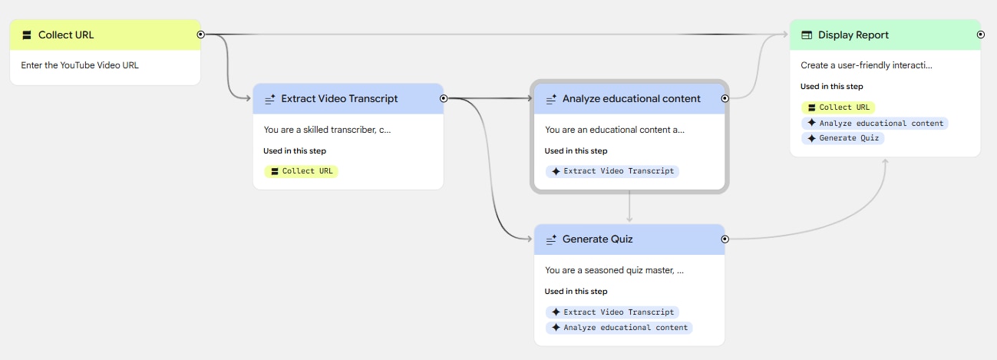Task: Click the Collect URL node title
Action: [66, 35]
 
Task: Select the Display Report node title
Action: [853, 35]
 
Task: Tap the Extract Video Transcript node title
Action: [339, 98]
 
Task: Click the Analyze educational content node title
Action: [631, 98]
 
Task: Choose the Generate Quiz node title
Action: [597, 239]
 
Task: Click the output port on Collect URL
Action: [201, 35]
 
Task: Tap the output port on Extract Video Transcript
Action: [444, 98]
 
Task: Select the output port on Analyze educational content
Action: [725, 98]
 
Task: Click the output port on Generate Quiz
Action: [725, 239]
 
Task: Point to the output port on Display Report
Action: [981, 35]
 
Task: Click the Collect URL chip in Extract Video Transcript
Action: [302, 171]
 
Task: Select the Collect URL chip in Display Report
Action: [838, 107]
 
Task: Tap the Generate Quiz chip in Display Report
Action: [843, 138]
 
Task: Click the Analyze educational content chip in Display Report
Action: [875, 123]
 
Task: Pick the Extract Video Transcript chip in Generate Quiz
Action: [612, 312]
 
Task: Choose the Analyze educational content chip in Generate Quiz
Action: [619, 328]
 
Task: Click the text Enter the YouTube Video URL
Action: [80, 65]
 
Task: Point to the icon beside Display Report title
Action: [807, 35]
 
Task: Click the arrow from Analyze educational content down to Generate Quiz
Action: [629, 206]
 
